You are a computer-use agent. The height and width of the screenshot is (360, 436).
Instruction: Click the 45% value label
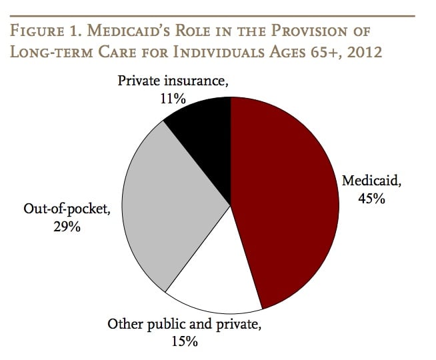click(370, 198)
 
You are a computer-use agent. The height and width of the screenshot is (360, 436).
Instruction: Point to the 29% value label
click(67, 227)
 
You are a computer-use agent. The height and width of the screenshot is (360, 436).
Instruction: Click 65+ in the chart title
click(319, 51)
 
